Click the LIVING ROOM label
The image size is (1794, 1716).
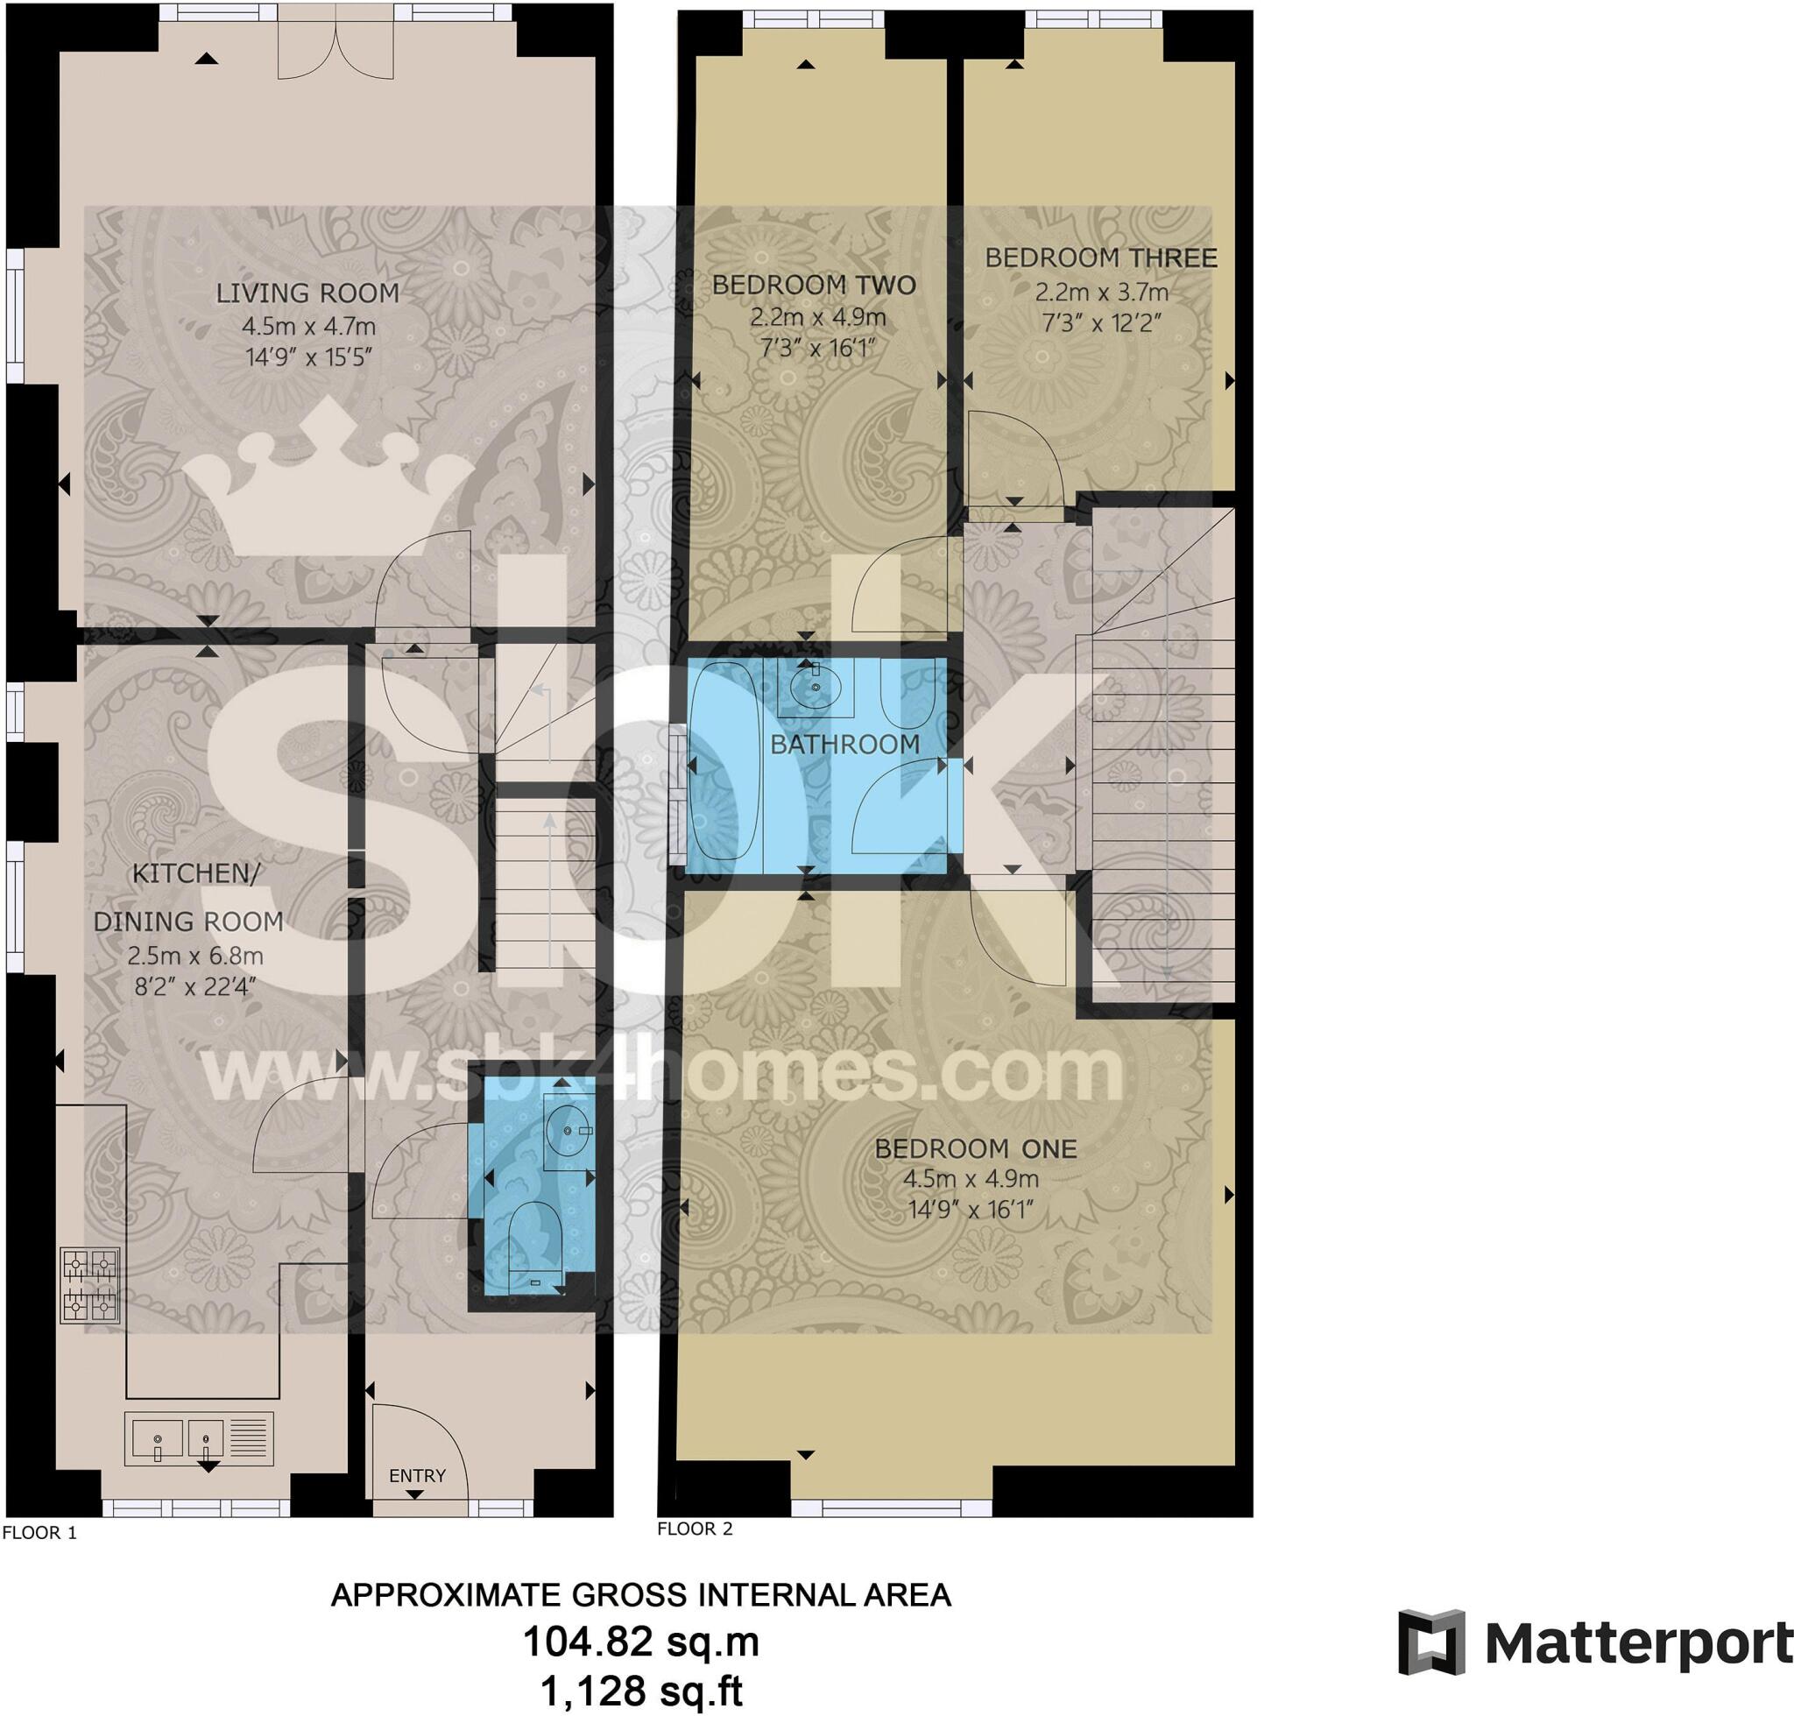[307, 293]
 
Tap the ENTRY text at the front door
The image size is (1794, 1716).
[417, 1475]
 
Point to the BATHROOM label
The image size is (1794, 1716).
[844, 745]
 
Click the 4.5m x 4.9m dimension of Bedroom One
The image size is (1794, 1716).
[971, 1179]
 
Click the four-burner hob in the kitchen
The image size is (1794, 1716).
[89, 1285]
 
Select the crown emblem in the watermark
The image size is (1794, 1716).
[328, 480]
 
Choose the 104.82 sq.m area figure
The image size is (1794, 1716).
[640, 1642]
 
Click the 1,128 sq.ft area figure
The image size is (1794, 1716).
[640, 1691]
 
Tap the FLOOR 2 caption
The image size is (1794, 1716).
[695, 1529]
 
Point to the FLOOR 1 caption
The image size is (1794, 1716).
[39, 1532]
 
